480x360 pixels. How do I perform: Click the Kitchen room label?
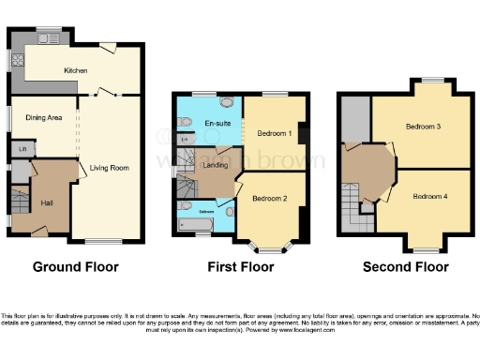click(76, 71)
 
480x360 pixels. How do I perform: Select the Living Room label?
click(110, 167)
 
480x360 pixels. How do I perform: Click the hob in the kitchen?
click(17, 61)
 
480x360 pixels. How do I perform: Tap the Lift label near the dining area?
click(20, 148)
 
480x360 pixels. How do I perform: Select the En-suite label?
click(218, 124)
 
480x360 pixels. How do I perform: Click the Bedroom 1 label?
click(275, 133)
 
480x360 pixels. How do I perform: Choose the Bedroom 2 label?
click(269, 199)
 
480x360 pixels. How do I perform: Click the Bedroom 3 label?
click(424, 126)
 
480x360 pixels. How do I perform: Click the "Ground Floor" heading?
click(76, 267)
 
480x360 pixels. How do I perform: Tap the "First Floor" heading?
click(240, 267)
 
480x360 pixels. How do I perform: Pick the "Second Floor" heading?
click(405, 267)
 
